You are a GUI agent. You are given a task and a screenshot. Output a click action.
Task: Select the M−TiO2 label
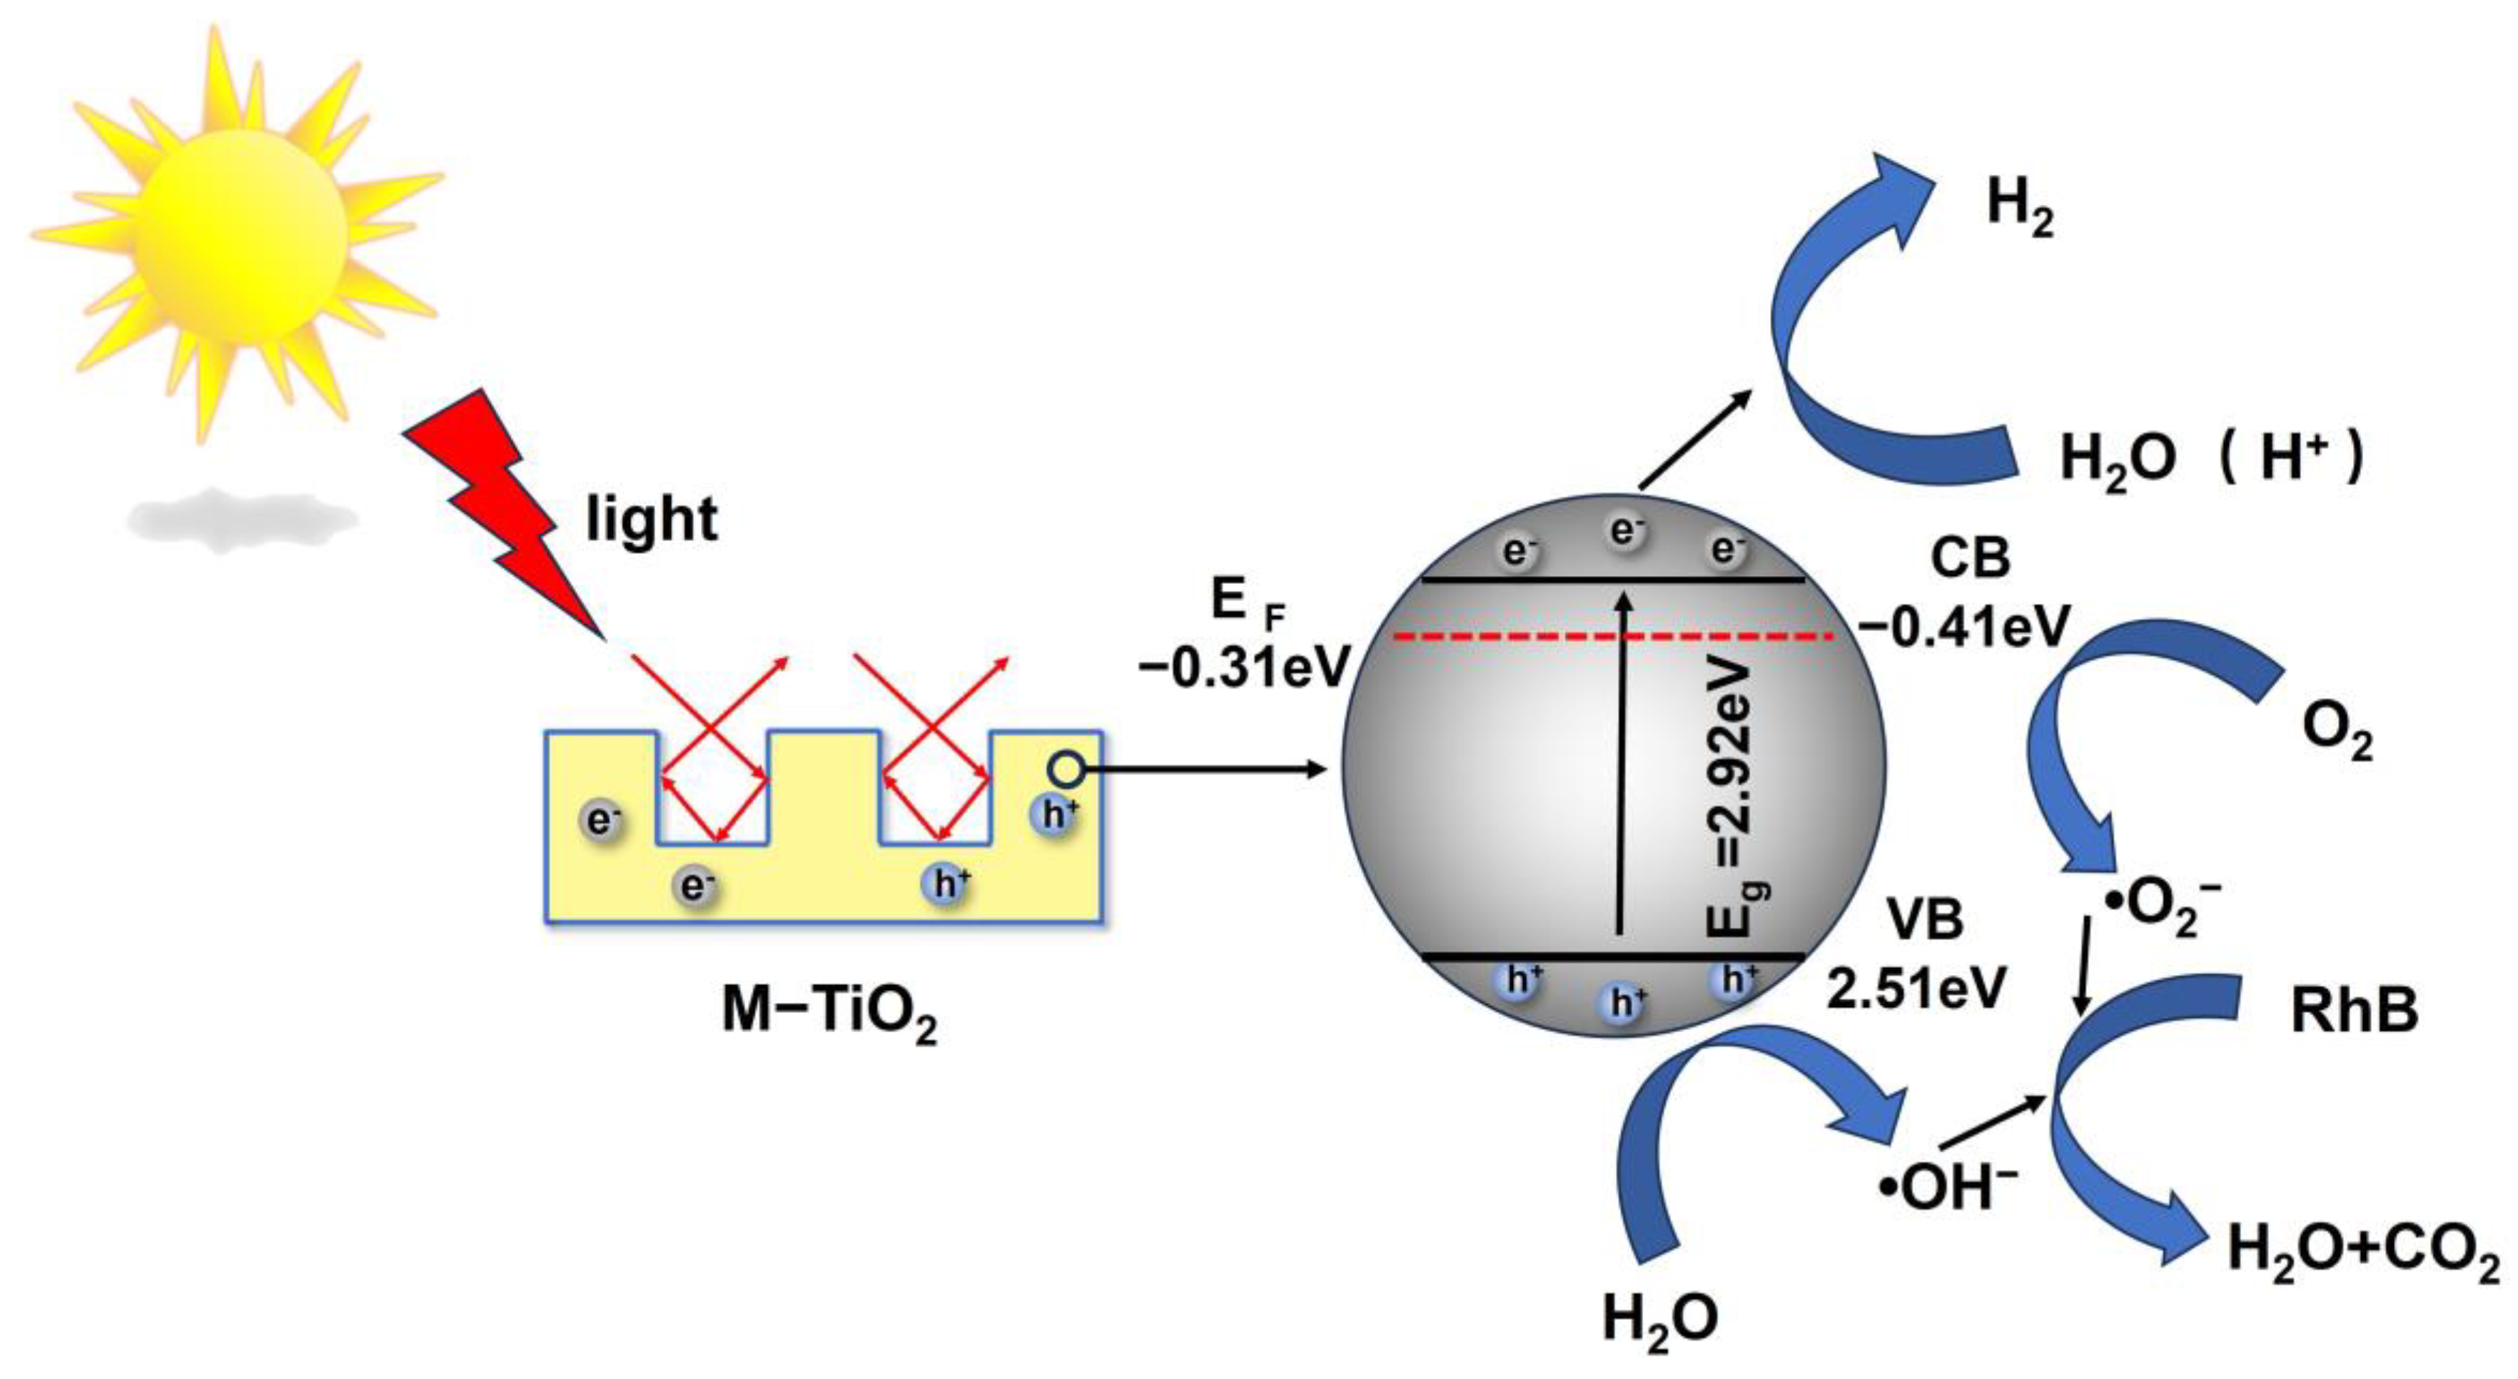pyautogui.click(x=829, y=1011)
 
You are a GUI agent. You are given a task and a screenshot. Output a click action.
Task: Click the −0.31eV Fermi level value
pyautogui.click(x=1243, y=670)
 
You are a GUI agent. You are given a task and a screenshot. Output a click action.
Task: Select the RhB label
pyautogui.click(x=2354, y=1009)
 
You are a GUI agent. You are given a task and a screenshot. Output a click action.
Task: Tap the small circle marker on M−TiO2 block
pyautogui.click(x=1068, y=770)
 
